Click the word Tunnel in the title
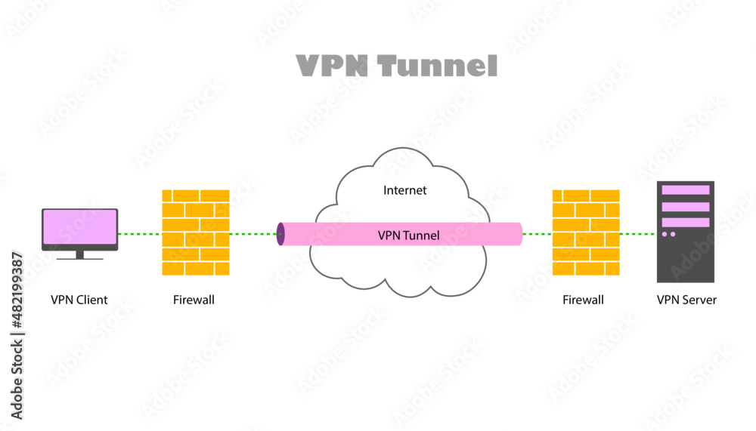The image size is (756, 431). click(x=438, y=66)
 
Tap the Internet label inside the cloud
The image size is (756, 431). click(x=404, y=190)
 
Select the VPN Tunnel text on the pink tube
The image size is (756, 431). click(x=408, y=236)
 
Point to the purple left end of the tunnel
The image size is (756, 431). click(x=280, y=234)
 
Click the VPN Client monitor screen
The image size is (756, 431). click(x=79, y=229)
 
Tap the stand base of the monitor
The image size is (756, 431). click(x=79, y=257)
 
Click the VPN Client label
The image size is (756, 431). click(x=79, y=300)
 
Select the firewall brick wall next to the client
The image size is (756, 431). click(x=196, y=232)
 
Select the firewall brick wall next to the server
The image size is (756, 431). click(x=586, y=232)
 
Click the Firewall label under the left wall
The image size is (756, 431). click(x=194, y=300)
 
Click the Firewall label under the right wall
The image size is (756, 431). click(x=583, y=300)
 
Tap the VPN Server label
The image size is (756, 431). click(x=686, y=300)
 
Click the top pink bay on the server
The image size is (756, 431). click(x=686, y=190)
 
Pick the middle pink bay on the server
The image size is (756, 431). click(x=686, y=206)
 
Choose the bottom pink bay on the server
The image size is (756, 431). click(x=686, y=222)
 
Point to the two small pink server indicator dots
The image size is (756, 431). click(x=669, y=235)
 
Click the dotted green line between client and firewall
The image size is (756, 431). click(x=140, y=234)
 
